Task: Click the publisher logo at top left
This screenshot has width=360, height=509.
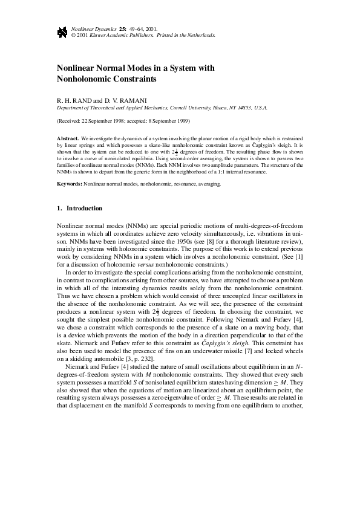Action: point(61,32)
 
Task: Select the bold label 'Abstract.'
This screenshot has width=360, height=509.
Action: point(68,138)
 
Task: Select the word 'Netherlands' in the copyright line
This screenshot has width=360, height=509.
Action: point(200,35)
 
